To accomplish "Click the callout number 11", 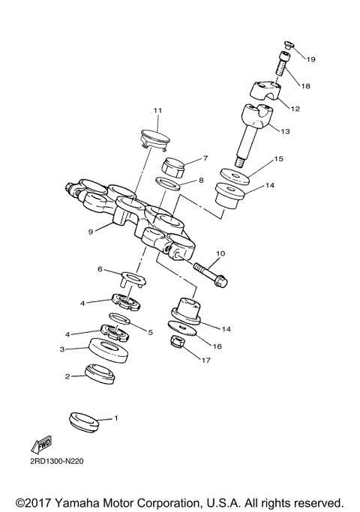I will point(157,112).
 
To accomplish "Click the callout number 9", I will point(90,232).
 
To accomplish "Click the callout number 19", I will point(311,58).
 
